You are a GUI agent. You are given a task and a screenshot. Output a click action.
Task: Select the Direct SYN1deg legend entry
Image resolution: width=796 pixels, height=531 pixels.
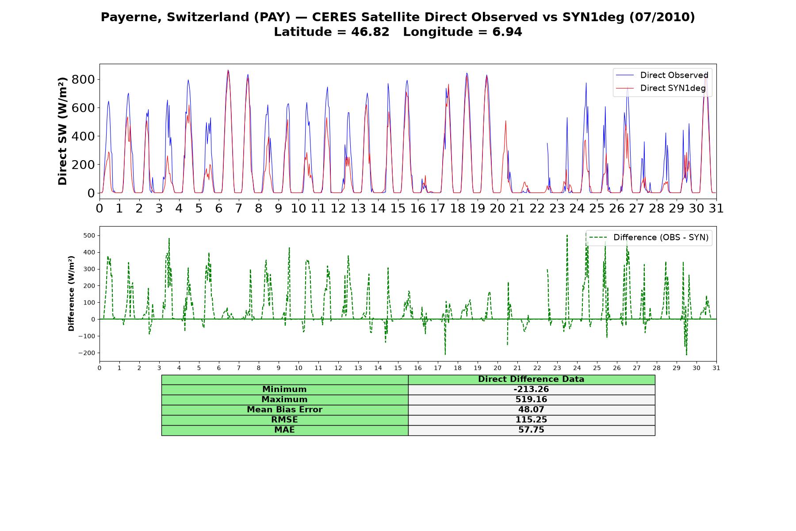tap(661, 88)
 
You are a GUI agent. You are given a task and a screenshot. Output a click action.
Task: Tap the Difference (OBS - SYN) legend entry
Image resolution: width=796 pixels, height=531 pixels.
tap(649, 238)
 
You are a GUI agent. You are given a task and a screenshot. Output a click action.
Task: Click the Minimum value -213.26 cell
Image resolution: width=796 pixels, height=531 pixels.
tap(531, 389)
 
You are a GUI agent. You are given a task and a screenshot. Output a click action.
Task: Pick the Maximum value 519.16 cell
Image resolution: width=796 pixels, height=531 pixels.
tap(531, 400)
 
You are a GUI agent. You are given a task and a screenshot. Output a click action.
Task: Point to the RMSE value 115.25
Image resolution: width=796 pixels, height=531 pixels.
tap(531, 419)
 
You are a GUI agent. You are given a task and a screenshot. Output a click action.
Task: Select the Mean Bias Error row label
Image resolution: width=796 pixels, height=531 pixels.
tap(284, 410)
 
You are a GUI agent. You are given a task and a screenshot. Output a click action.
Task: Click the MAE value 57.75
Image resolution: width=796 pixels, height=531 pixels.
tap(531, 430)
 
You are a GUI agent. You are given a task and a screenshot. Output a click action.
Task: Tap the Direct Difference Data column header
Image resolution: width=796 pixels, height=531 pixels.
tap(531, 379)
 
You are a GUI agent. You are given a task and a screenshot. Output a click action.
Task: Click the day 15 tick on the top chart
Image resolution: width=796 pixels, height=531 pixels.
tap(398, 208)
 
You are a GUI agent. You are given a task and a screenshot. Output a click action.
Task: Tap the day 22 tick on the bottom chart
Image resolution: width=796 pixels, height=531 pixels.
tap(537, 368)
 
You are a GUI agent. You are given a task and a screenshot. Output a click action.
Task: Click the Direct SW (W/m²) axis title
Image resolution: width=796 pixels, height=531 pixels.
tap(62, 131)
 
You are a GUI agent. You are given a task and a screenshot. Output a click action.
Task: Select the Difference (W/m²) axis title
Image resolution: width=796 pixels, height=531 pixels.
tap(71, 293)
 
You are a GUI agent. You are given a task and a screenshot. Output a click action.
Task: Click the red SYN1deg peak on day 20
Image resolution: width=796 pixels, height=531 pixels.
tap(505, 121)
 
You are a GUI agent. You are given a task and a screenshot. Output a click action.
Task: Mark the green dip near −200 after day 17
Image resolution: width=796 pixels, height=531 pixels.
tap(445, 354)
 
